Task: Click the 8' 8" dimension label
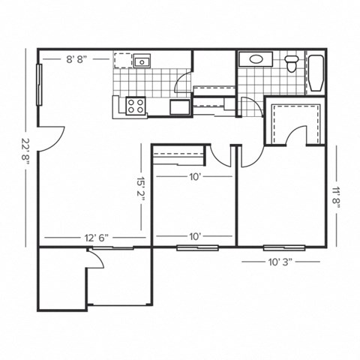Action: coord(79,58)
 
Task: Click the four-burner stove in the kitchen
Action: coord(135,106)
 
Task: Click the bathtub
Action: coord(316,73)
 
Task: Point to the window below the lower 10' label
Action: coord(197,247)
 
